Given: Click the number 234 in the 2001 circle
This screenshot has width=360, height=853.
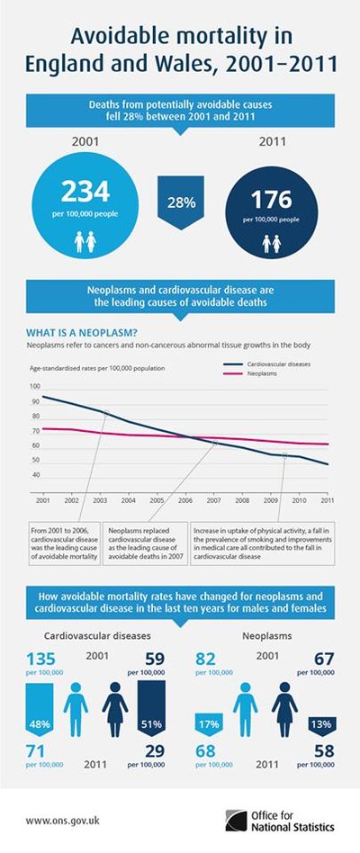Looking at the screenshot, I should click(x=85, y=191).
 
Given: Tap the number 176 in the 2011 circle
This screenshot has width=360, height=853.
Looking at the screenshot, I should click(x=276, y=199).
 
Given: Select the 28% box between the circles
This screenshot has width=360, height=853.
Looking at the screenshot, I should click(x=181, y=202).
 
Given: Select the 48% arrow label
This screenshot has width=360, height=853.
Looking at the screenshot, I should click(x=39, y=723).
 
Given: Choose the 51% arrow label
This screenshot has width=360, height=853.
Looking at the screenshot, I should click(x=150, y=723).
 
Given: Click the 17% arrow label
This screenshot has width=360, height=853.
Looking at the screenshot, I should click(x=209, y=723).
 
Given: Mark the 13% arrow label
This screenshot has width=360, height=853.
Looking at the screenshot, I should click(x=319, y=723).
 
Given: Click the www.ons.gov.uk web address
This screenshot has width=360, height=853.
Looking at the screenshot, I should click(x=61, y=820).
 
